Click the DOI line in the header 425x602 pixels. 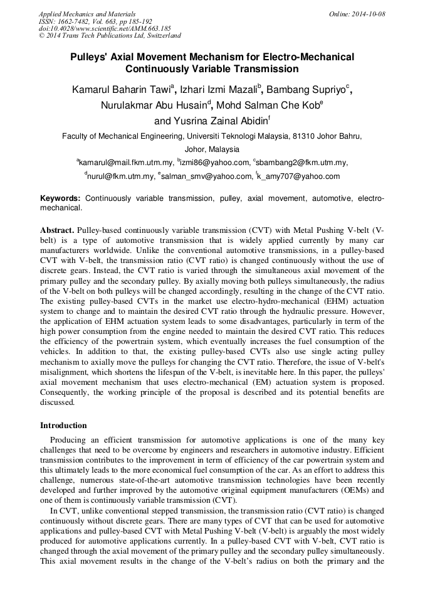coord(105,28)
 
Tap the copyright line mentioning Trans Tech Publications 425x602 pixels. coord(110,36)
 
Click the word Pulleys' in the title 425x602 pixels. coord(93,57)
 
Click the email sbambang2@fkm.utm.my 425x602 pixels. coord(302,163)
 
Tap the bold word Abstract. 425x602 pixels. coord(58,230)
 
